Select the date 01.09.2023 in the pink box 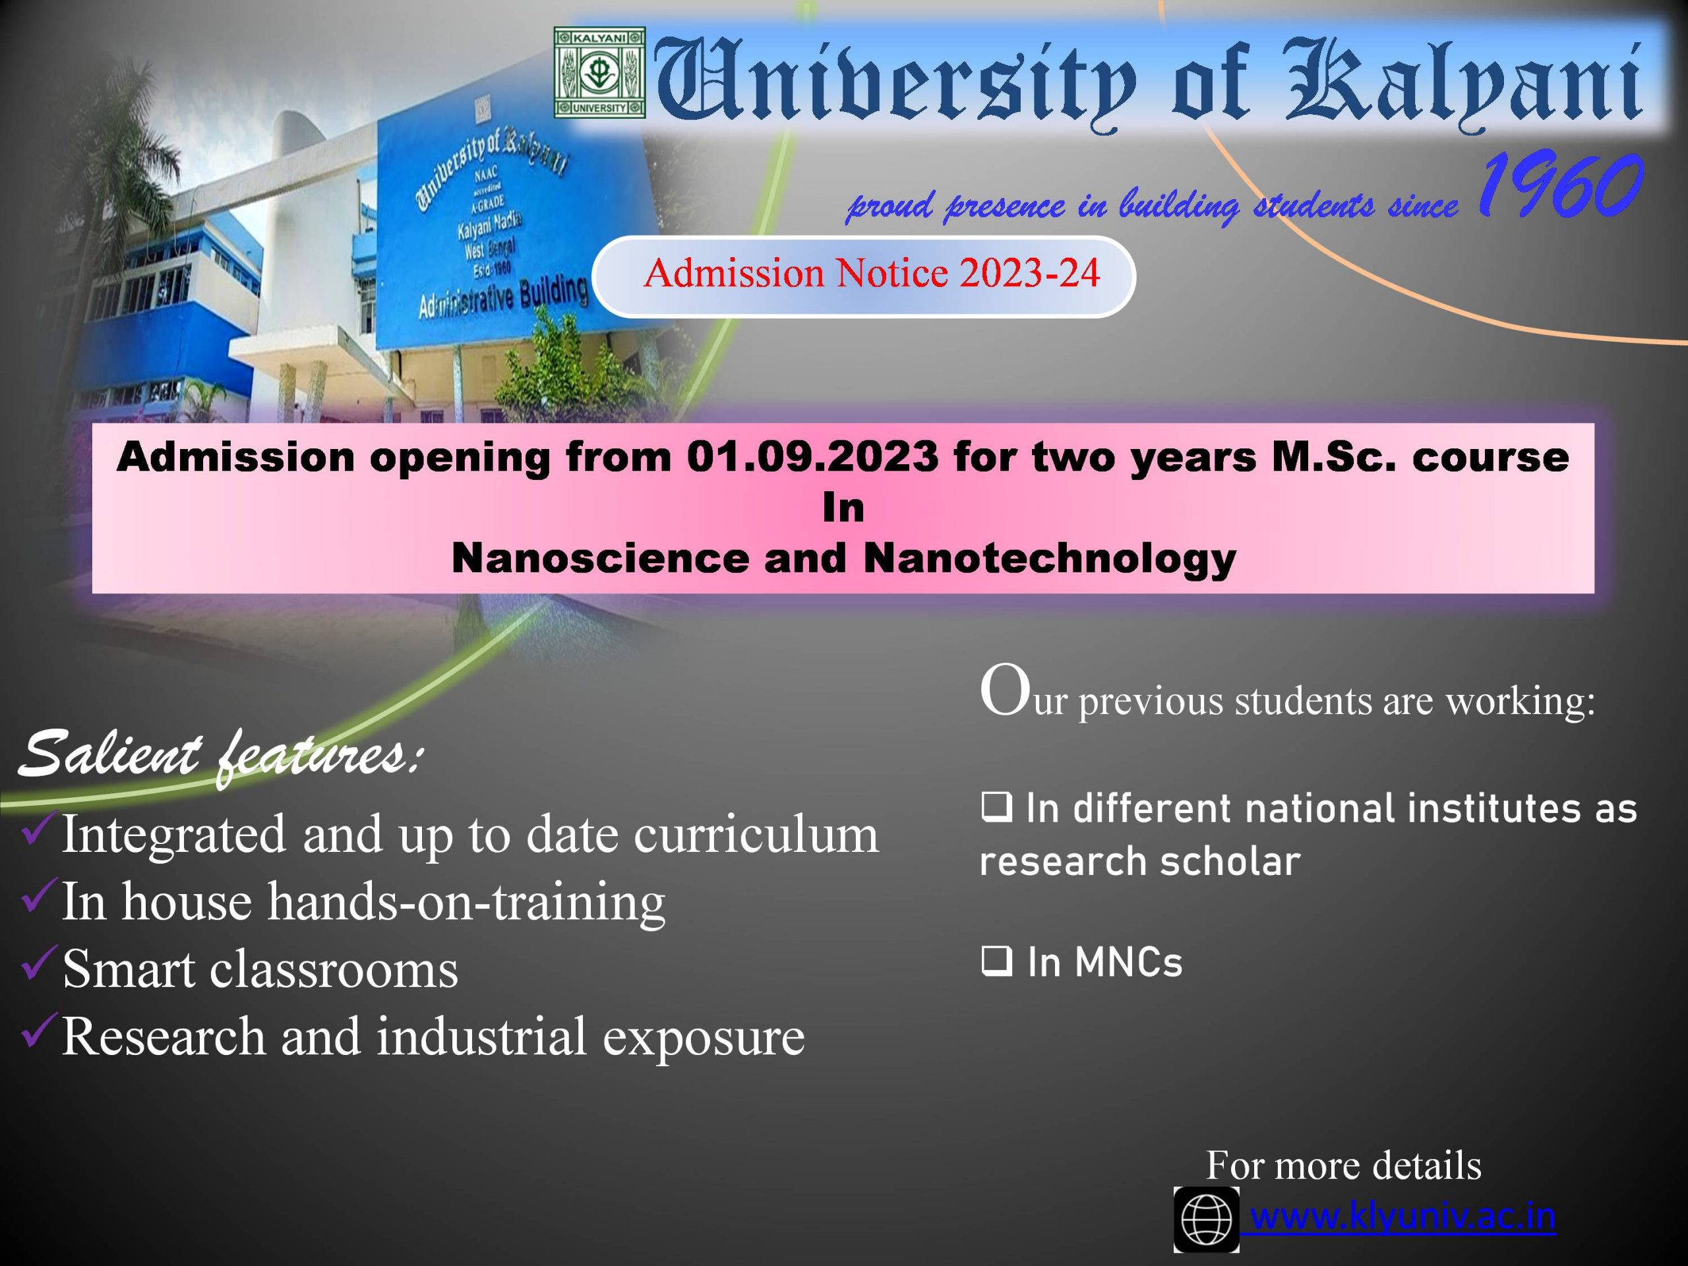812,457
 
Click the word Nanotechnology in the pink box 1049,558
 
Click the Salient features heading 218,756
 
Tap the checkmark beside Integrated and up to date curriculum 38,829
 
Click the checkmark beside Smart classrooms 38,963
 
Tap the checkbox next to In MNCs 996,962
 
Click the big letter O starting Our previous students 1006,690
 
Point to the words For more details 1344,1165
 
